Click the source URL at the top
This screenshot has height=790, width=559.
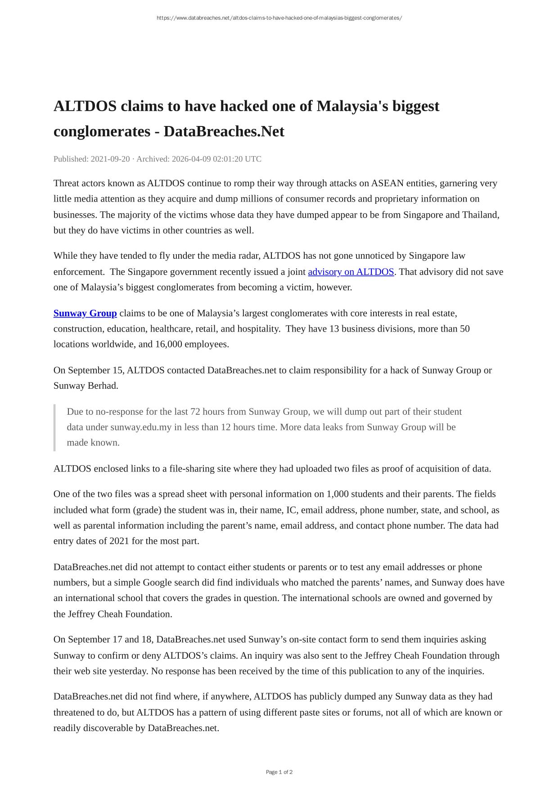click(279, 18)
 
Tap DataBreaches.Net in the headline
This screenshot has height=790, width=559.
click(224, 131)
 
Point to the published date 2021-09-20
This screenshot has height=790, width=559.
click(110, 159)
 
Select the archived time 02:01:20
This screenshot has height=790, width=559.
click(225, 159)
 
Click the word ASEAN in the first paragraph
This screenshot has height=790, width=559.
click(387, 183)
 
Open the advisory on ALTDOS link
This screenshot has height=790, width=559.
click(351, 272)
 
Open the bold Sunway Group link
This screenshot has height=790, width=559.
click(85, 313)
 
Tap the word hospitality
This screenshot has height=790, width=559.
click(258, 329)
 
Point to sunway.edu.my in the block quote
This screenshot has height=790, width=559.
click(141, 427)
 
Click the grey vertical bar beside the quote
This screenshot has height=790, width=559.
click(54, 427)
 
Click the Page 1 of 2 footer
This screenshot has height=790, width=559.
click(279, 772)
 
